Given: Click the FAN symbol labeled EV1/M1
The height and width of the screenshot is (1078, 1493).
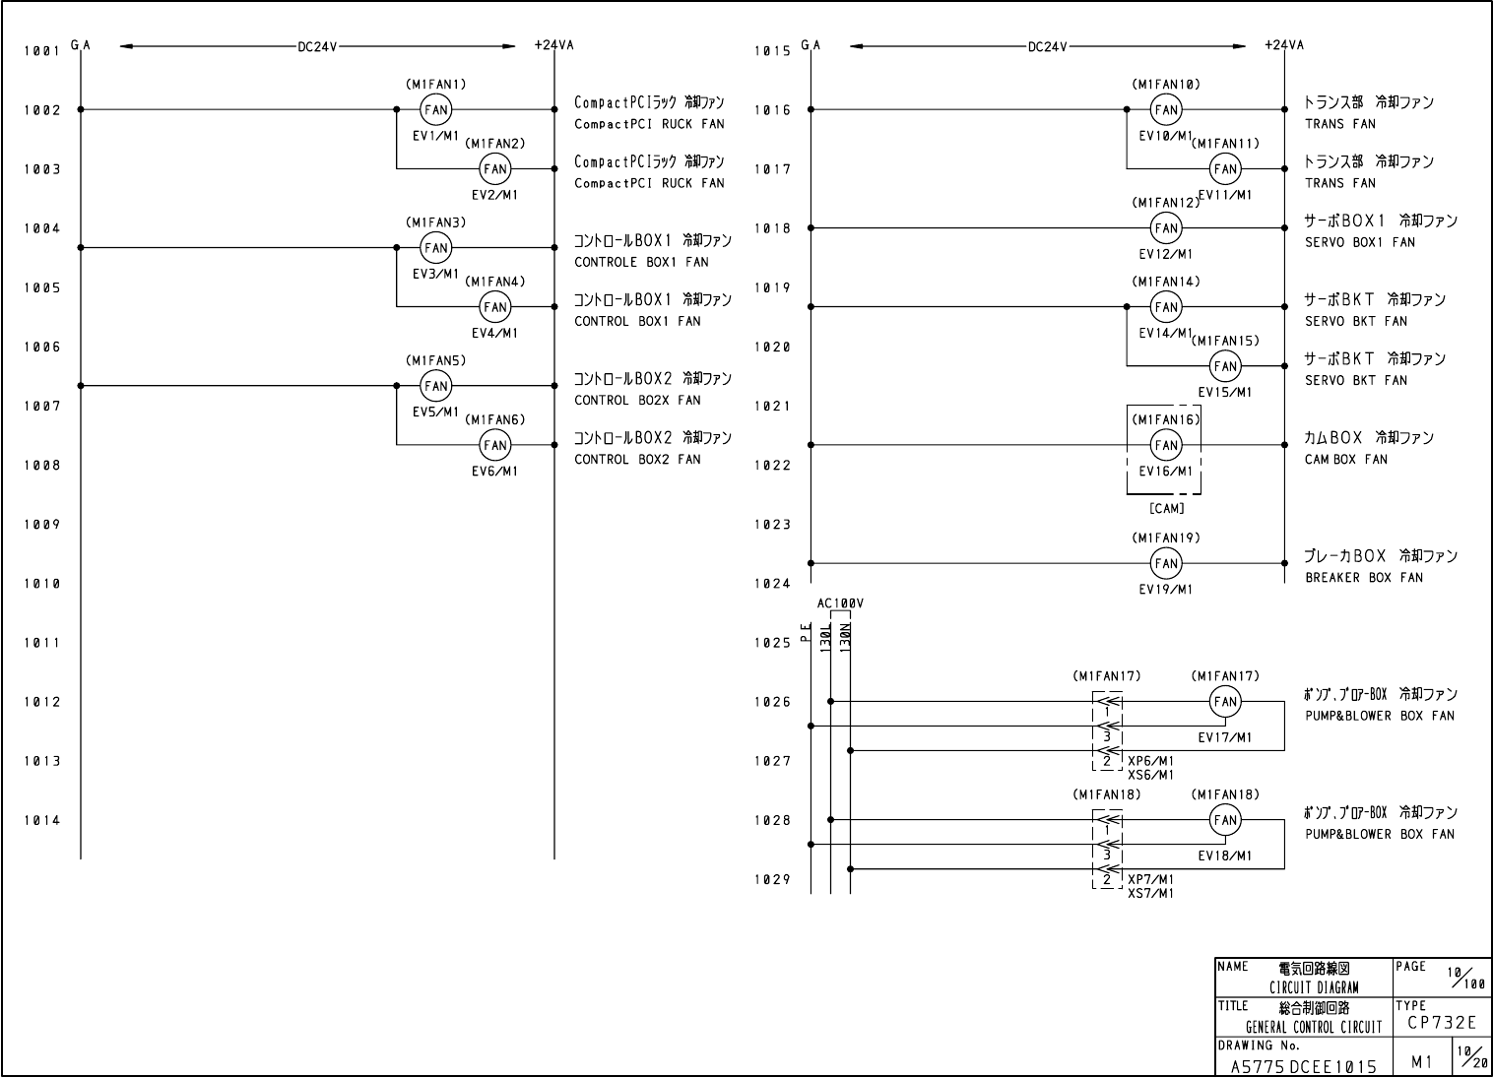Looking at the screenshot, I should pos(435,110).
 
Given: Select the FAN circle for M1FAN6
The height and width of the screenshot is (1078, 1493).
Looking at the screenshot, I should pos(494,445).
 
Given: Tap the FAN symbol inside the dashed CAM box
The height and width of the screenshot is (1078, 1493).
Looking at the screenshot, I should pos(1166,445).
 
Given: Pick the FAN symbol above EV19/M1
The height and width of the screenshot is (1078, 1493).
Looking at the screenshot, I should pos(1166,563).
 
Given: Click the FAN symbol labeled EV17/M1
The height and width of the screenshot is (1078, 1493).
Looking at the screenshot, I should pos(1225,702).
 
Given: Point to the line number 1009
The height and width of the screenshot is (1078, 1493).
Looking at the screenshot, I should pos(42,525).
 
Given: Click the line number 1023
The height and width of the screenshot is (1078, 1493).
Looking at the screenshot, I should pos(772,525).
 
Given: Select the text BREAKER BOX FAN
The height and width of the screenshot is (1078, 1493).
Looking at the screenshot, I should pos(1364,578).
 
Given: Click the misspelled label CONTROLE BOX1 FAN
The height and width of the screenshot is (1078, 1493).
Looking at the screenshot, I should pos(641,262).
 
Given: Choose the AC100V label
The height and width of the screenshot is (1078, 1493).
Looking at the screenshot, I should pos(840,603).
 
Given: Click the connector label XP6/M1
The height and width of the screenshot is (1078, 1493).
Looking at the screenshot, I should pos(1150,761).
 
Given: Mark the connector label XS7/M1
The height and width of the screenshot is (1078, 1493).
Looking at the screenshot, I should pos(1150,893).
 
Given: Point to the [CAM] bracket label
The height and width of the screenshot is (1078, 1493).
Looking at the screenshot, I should pos(1166,508).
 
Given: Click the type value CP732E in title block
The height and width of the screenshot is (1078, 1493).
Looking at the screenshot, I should pos(1442,1023).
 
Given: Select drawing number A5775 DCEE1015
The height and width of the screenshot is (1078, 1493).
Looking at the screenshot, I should pos(1303,1066).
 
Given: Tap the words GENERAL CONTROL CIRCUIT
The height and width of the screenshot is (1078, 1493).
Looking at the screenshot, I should pos(1314,1028).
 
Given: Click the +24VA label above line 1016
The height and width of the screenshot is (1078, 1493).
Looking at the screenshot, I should pos(1284,45).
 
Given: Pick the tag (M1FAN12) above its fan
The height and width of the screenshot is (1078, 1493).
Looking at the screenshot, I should pos(1166,203).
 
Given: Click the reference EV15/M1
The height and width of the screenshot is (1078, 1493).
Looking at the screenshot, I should pos(1225,392).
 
